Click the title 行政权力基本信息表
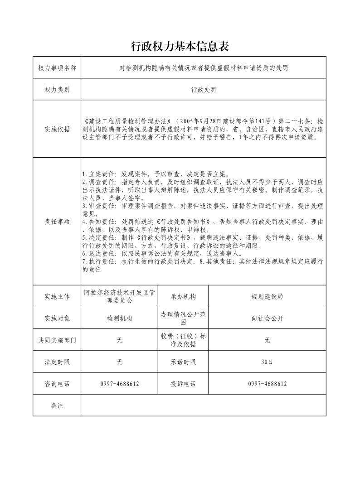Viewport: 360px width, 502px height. click(x=180, y=46)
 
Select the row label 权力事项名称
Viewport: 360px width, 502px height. click(x=57, y=68)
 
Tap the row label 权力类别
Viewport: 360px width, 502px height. click(x=57, y=90)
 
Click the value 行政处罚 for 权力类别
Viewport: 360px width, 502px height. click(x=204, y=90)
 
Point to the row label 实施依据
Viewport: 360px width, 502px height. click(x=57, y=129)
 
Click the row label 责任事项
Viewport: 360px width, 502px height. click(x=57, y=222)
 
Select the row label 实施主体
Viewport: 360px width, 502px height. click(x=57, y=297)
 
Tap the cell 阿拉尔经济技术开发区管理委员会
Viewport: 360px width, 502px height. click(x=120, y=297)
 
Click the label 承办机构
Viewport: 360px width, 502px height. click(x=183, y=297)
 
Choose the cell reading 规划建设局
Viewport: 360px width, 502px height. click(x=268, y=297)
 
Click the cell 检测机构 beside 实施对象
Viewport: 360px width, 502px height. click(x=120, y=319)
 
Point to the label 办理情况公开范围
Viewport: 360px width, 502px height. click(x=183, y=319)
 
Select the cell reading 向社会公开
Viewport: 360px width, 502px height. click(x=268, y=319)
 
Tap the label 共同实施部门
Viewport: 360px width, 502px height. click(x=57, y=340)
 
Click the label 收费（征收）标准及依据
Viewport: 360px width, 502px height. click(x=183, y=340)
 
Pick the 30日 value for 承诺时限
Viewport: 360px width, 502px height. click(x=268, y=362)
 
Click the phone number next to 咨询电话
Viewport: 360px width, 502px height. click(x=120, y=384)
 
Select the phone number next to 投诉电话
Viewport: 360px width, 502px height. click(x=268, y=384)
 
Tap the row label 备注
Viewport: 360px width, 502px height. click(x=57, y=405)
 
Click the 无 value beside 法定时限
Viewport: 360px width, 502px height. click(x=120, y=362)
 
